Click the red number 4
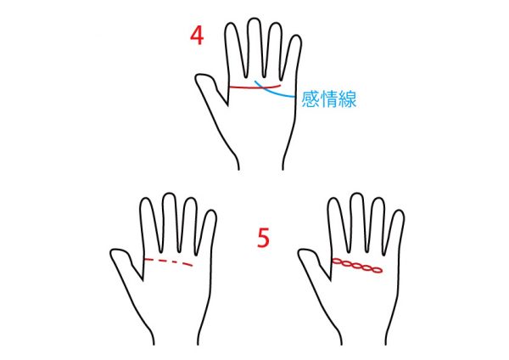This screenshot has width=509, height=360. click(197, 36)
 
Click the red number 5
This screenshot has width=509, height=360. click(263, 238)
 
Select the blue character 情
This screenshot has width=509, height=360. click(329, 98)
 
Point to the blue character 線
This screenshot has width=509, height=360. click(348, 98)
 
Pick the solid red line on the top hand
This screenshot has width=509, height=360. click(255, 87)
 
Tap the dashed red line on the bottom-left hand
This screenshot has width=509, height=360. click(168, 261)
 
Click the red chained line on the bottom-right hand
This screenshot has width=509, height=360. click(357, 266)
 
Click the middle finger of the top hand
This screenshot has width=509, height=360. click(255, 47)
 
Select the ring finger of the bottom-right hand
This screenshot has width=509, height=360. click(377, 224)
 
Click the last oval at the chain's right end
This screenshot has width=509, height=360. click(377, 270)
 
